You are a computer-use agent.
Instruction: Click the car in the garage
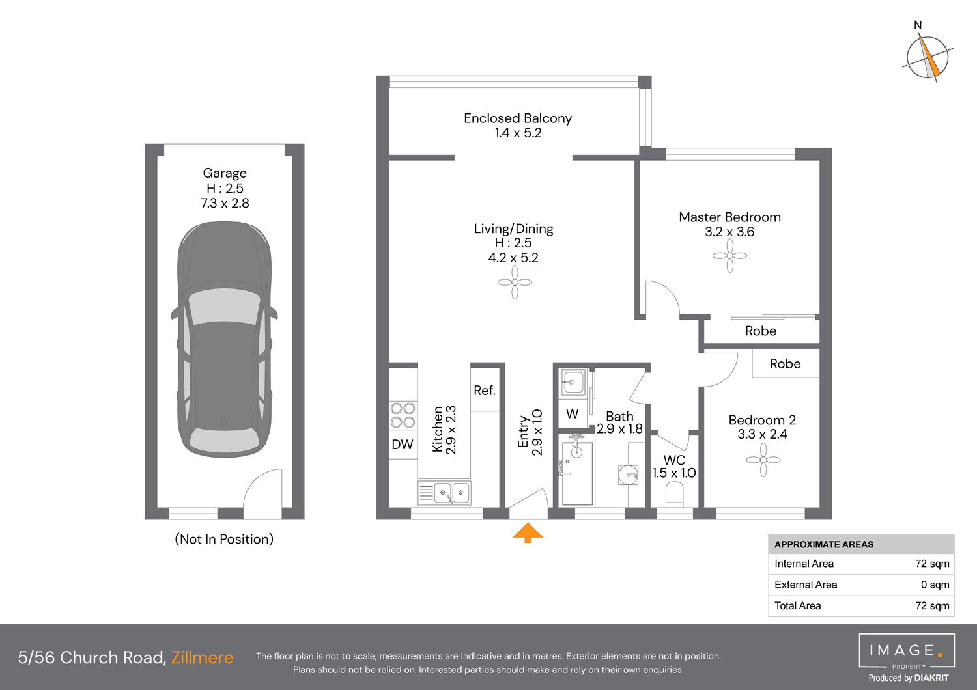tap(224, 339)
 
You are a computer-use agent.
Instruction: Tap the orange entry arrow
tap(528, 532)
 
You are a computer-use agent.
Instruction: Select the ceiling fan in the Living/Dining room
tap(515, 283)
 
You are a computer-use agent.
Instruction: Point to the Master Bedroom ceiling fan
tap(729, 256)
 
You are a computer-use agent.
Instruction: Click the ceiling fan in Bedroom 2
tap(763, 460)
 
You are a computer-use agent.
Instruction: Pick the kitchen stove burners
tap(403, 415)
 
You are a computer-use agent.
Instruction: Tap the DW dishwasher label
tap(402, 445)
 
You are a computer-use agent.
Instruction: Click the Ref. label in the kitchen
tap(485, 391)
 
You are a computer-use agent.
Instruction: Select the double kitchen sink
tap(444, 493)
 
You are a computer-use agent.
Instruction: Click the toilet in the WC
tap(674, 494)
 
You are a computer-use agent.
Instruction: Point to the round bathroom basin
tap(628, 475)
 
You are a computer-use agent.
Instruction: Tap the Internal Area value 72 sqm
tap(932, 564)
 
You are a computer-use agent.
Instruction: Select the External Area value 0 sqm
tap(935, 585)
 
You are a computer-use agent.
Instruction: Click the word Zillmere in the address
tap(202, 657)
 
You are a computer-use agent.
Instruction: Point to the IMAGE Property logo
tap(907, 651)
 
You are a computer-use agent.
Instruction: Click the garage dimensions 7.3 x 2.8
tap(225, 203)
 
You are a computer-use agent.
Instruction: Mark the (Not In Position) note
tap(224, 539)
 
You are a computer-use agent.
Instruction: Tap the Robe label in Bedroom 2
tap(785, 363)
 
